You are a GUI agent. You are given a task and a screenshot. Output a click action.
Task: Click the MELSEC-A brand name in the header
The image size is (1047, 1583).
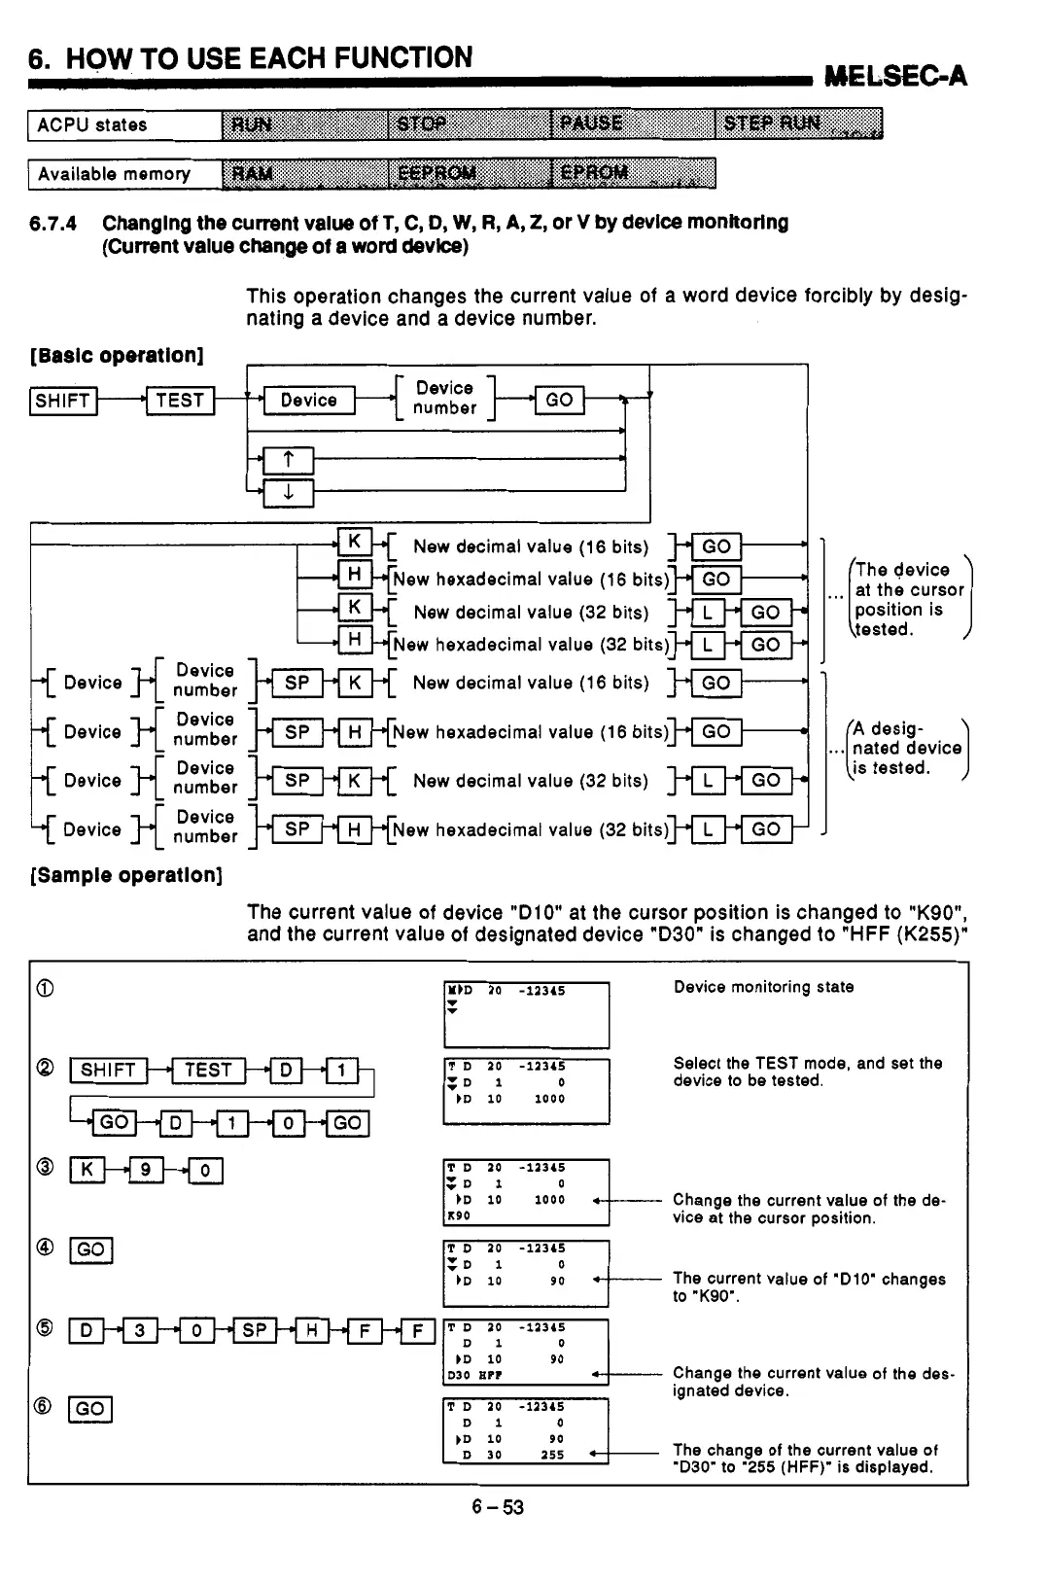click(x=894, y=75)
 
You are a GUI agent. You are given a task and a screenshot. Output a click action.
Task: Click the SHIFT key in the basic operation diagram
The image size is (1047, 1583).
click(x=64, y=401)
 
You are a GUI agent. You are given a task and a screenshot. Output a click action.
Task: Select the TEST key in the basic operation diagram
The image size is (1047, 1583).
click(x=180, y=400)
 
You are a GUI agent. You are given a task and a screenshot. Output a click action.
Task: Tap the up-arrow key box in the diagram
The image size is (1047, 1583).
click(x=288, y=460)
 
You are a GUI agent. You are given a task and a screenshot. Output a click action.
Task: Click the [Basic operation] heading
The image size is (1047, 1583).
click(x=117, y=354)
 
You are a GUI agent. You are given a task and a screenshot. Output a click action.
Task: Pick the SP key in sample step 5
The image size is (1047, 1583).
click(x=253, y=1330)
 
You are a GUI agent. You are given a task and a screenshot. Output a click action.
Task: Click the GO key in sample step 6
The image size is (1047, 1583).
click(x=89, y=1409)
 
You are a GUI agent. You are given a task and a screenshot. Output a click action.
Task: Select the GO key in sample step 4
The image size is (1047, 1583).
click(x=90, y=1249)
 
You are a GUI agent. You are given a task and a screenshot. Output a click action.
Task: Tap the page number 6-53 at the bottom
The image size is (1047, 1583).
click(x=498, y=1507)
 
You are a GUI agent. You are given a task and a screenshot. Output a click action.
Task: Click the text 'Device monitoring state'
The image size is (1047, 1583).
click(x=763, y=987)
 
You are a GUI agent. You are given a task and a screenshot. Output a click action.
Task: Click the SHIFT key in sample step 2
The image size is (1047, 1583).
click(x=108, y=1071)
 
